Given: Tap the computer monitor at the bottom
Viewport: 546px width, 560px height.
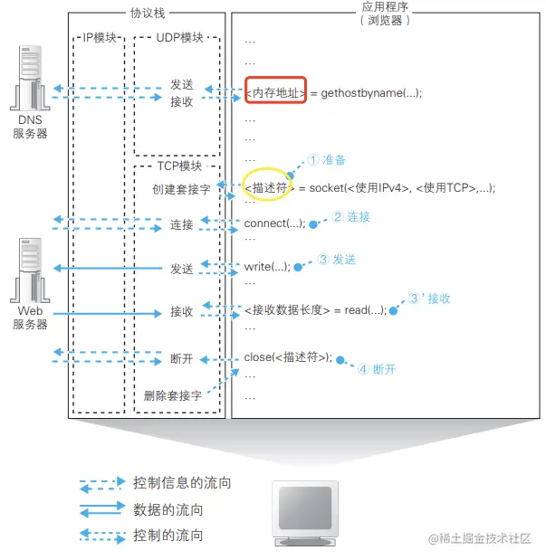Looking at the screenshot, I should point(305,512).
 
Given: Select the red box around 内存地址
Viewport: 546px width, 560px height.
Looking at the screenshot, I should point(276,92).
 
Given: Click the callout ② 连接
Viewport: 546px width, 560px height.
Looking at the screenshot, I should point(350,217).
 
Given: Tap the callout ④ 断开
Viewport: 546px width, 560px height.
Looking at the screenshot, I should point(377,369).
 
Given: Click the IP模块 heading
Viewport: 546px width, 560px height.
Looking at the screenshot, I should point(100,38).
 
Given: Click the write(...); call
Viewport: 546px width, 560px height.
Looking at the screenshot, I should point(268,267).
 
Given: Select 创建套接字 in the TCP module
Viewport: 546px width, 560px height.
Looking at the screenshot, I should point(181,190).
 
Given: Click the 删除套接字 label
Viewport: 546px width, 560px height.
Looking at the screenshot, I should point(172,395).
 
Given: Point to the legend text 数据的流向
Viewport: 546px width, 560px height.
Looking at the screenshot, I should point(168,509).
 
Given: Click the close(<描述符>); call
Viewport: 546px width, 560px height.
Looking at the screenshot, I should point(289,356).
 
